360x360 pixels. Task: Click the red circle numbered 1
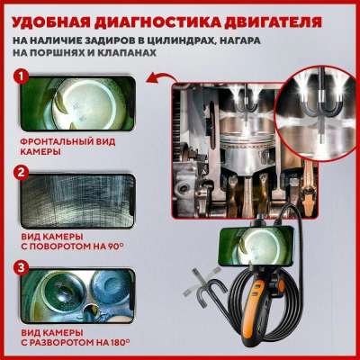click(21, 77)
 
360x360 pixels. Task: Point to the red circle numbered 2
click(21, 173)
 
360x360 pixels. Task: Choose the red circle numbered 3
click(21, 268)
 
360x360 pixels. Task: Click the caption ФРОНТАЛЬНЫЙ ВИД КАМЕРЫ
click(67, 147)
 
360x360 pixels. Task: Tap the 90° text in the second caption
click(115, 247)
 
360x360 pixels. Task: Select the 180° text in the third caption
click(120, 342)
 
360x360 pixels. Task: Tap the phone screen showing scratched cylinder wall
click(78, 201)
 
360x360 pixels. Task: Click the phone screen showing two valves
click(78, 296)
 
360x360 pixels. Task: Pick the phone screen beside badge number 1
click(78, 103)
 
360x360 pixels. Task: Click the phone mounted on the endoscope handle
click(256, 246)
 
